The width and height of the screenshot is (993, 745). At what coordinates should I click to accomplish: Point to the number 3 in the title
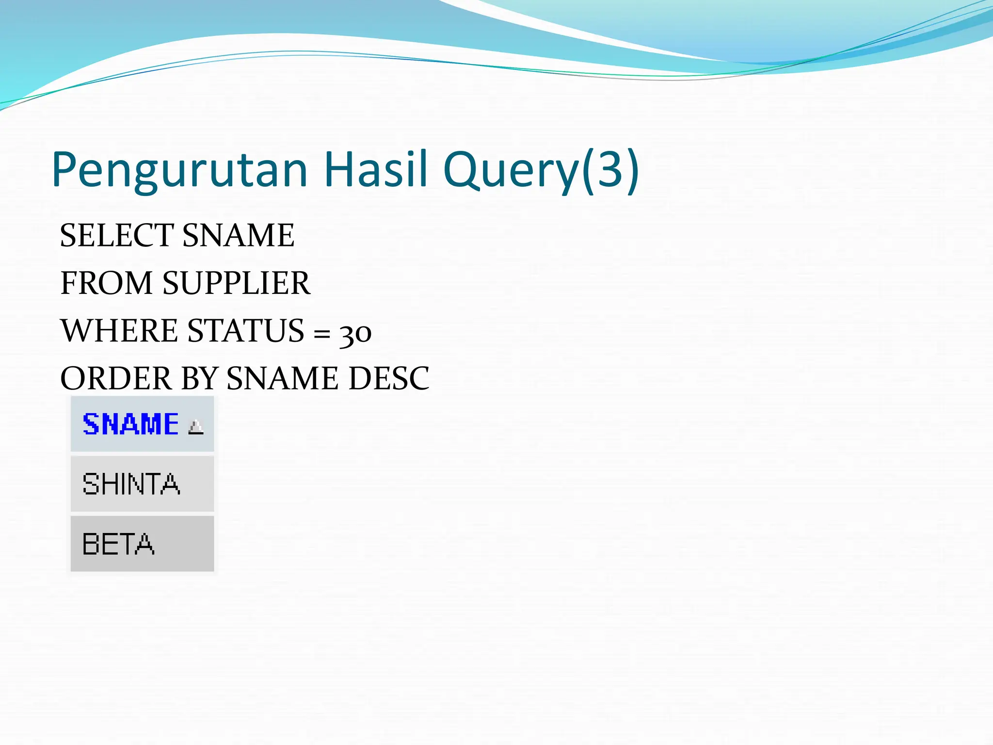point(609,169)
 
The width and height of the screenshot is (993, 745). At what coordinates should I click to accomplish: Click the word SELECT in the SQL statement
point(116,235)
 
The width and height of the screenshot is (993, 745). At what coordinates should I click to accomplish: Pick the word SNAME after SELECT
point(238,235)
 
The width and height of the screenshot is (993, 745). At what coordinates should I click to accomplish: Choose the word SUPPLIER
point(236,283)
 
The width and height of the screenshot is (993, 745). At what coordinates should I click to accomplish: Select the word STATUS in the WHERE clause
point(246,331)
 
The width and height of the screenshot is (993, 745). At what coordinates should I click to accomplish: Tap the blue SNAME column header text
point(130,424)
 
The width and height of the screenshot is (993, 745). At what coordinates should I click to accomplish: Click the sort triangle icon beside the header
point(196,427)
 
